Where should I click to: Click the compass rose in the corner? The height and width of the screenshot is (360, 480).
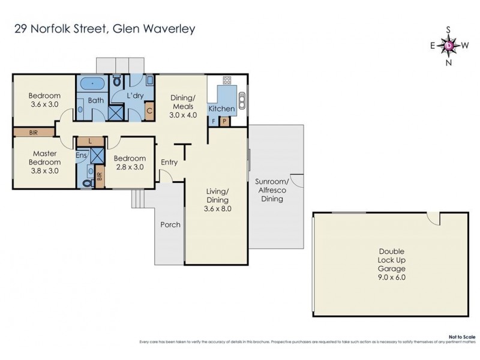[449, 45]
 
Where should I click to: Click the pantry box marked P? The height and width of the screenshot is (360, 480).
[224, 121]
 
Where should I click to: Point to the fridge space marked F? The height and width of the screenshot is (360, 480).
[213, 121]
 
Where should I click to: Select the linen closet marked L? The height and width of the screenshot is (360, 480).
[90, 140]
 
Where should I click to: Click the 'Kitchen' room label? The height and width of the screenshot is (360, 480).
[221, 109]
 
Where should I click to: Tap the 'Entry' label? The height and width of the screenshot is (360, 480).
[170, 161]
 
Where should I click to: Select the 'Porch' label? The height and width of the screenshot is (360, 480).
[170, 225]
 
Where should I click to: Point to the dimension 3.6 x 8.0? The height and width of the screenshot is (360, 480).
[217, 209]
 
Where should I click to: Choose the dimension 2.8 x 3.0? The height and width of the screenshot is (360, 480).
[129, 167]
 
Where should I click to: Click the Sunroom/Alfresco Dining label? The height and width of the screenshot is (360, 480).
[272, 190]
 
